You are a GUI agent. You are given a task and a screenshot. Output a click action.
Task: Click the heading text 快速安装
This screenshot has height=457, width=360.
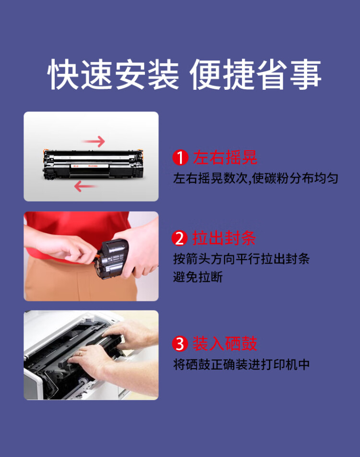pos(114,75)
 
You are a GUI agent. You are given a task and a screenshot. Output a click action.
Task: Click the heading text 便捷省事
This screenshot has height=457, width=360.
pos(255,75)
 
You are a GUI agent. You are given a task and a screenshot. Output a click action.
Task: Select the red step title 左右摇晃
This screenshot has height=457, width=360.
pos(225,158)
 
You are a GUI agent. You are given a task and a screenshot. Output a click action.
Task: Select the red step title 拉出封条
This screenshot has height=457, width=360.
pos(225,239)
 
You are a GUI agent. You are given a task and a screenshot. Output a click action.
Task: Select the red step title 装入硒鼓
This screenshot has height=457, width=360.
pos(225,344)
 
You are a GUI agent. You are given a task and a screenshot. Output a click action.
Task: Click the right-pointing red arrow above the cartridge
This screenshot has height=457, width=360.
pos(93,141)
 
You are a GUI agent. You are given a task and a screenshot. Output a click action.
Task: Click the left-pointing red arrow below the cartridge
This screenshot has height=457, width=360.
pos(86,186)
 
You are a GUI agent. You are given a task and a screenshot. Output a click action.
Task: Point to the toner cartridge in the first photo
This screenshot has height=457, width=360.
pos(91,165)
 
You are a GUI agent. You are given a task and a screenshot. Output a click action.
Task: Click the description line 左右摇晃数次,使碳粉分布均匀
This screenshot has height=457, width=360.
pos(255,179)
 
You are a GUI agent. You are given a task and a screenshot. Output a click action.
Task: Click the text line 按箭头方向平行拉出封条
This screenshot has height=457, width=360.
pos(241,259)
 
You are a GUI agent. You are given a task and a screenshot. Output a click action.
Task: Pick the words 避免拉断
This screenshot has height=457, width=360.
pos(198,277)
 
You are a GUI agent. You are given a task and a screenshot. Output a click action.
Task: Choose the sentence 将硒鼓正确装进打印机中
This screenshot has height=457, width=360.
pos(241,364)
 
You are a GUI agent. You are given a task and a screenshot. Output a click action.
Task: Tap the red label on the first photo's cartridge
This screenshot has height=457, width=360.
pos(76,167)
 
